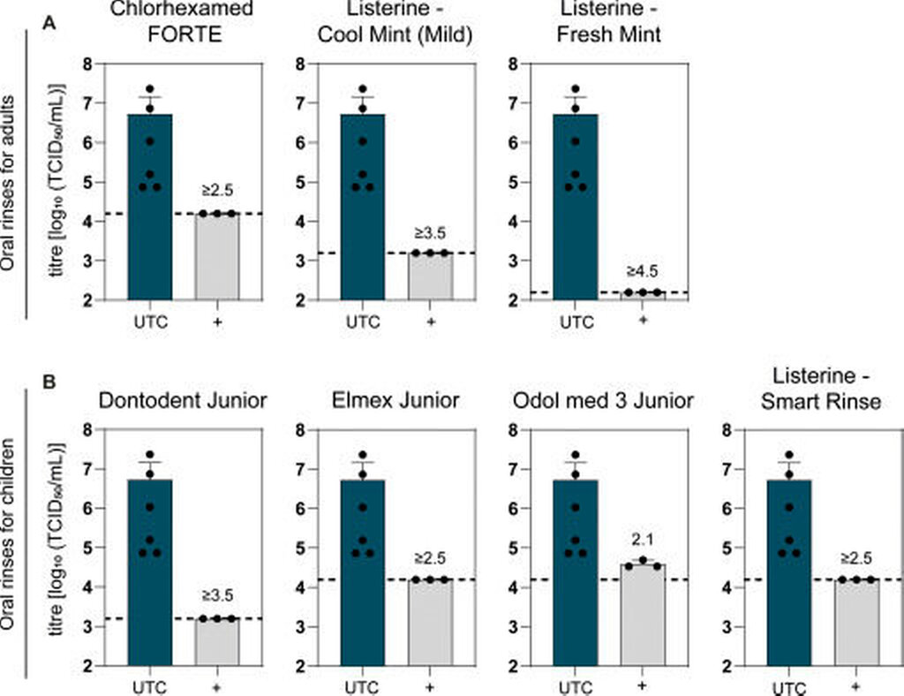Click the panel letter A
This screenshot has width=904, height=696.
(50, 25)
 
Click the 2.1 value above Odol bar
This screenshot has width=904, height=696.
(643, 540)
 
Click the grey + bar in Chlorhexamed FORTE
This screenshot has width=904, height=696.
(217, 256)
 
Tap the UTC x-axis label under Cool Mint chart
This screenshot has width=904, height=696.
(363, 322)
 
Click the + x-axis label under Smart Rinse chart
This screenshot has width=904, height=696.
(855, 685)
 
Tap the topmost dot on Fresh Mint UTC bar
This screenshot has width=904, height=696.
(575, 89)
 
